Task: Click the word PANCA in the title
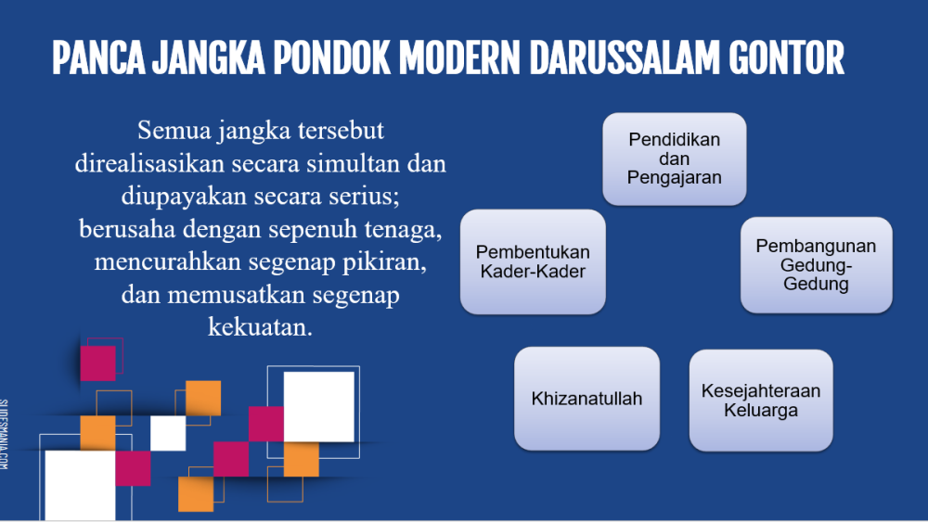click(99, 57)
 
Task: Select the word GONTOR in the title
click(787, 57)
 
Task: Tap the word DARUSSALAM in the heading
click(625, 57)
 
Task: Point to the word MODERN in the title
click(459, 57)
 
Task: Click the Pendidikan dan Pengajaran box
click(674, 159)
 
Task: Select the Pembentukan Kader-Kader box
click(533, 261)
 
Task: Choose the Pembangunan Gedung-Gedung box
click(816, 265)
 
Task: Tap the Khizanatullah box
click(586, 399)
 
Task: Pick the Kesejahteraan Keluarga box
click(761, 401)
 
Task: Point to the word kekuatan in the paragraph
click(260, 327)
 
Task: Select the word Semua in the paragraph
click(174, 130)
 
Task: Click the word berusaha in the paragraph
click(127, 229)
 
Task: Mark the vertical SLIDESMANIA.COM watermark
click(4, 435)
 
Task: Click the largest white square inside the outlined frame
click(319, 407)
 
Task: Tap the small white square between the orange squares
click(168, 433)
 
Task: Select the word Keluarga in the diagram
click(761, 410)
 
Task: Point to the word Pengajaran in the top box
click(674, 177)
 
